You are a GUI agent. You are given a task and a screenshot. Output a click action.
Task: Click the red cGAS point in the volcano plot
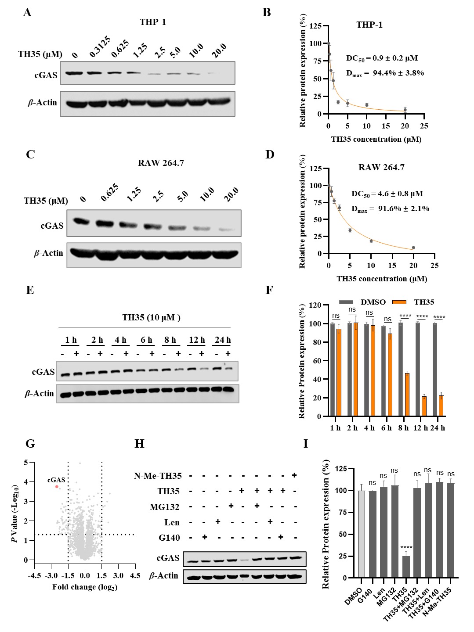pos(57,486)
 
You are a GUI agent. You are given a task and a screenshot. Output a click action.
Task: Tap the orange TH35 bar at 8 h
pos(407,394)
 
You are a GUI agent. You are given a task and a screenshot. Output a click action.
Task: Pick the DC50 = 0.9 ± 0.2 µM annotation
pos(382,58)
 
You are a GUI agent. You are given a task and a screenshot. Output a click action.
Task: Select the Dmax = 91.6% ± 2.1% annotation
pos(390,209)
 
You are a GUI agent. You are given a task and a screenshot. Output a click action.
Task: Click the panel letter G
pos(30,444)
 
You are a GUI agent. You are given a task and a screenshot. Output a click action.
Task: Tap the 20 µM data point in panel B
pos(405,110)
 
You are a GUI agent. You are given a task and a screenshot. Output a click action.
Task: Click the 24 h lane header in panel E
pos(223,340)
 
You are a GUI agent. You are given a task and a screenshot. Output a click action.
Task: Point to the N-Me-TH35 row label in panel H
pos(158,476)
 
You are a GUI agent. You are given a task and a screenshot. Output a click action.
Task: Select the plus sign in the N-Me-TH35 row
pos(294,475)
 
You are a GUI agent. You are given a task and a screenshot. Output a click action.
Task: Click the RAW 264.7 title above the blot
pos(161,163)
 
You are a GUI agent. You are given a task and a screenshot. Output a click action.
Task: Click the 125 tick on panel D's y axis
pos(315,169)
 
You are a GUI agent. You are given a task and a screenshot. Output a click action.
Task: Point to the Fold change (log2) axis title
pos(85,587)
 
